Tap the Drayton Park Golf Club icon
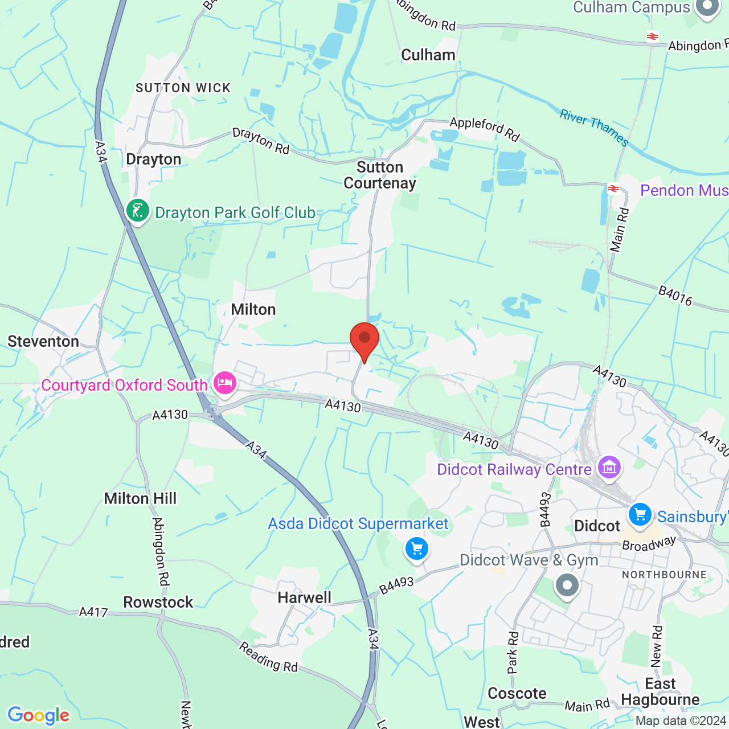(137, 211)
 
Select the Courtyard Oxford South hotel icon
(225, 383)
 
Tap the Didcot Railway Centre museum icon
(609, 468)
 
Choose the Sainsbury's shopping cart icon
(640, 515)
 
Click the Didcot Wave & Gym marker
(567, 585)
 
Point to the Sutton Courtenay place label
(380, 175)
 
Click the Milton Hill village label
(140, 498)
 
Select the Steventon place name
(43, 341)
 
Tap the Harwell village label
(304, 597)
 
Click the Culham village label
(428, 55)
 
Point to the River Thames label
(594, 128)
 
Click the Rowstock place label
(158, 602)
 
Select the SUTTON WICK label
(183, 88)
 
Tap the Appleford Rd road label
(485, 129)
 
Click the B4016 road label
(675, 296)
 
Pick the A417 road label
(93, 612)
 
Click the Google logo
(39, 715)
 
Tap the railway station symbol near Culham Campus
(653, 36)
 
